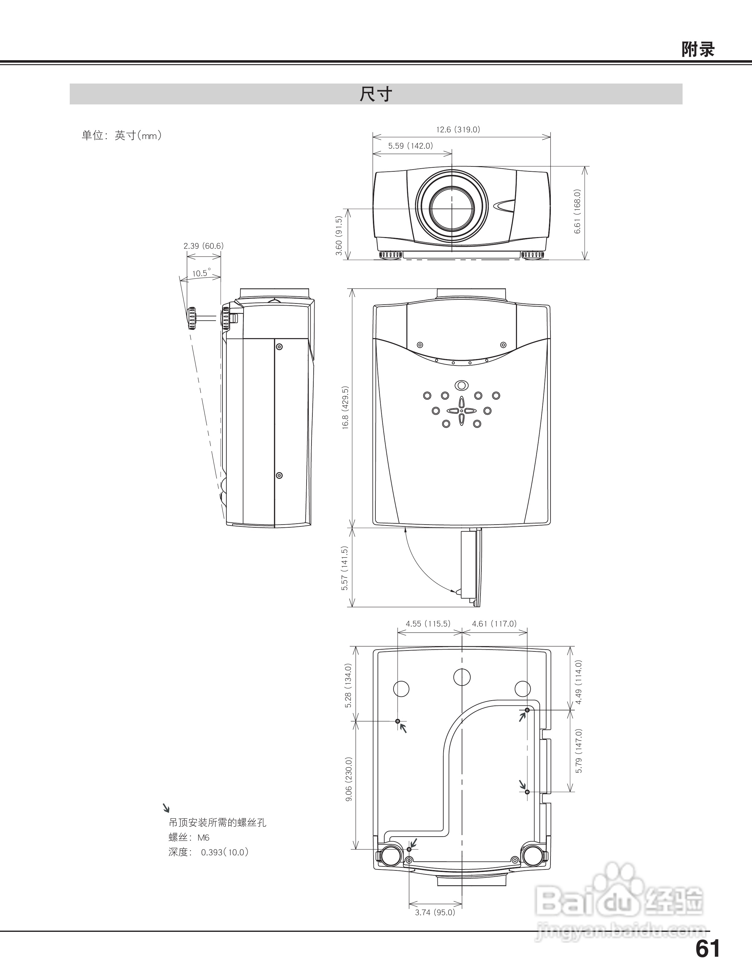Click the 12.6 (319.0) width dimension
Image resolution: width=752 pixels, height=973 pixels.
point(458,130)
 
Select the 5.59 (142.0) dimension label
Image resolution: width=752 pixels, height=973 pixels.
point(410,146)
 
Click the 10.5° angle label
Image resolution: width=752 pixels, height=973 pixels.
point(201,273)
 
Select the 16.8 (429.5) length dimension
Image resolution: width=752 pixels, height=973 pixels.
point(345,408)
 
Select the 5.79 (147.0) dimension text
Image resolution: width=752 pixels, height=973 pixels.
point(579,751)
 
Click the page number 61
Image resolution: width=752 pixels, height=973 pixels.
point(707,949)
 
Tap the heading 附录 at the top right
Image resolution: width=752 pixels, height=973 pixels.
point(698,49)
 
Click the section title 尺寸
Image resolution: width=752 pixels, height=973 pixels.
point(376,95)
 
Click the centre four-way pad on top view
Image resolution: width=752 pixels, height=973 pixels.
point(461,410)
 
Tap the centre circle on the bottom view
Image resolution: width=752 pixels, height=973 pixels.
point(462,677)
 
